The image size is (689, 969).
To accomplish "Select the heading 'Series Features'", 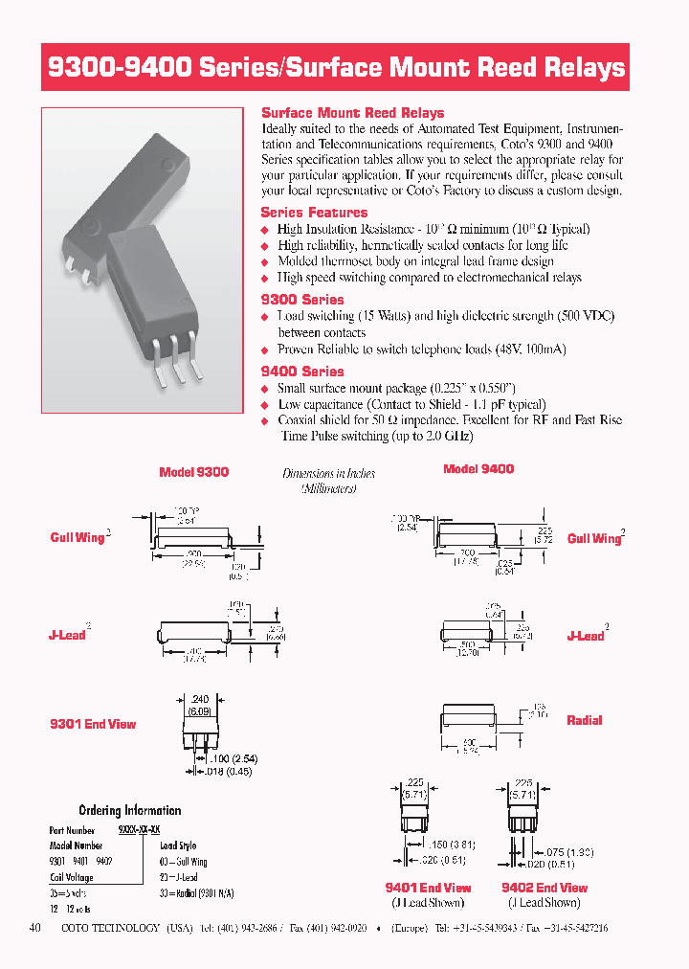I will pyautogui.click(x=314, y=212).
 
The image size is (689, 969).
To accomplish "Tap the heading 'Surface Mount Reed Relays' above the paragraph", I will pyautogui.click(x=352, y=112).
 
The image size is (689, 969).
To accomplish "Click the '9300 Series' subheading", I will pyautogui.click(x=302, y=299).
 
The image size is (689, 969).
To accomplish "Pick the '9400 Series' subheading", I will pyautogui.click(x=302, y=371).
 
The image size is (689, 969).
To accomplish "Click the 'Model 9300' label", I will pyautogui.click(x=193, y=472).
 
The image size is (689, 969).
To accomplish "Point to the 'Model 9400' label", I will pyautogui.click(x=478, y=468).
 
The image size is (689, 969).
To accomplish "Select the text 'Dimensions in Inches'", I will pyautogui.click(x=329, y=473).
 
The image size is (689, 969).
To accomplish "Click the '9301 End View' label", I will pyautogui.click(x=93, y=724).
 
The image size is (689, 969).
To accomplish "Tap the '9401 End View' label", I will pyautogui.click(x=428, y=888).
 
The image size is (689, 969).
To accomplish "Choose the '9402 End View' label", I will pyautogui.click(x=545, y=888).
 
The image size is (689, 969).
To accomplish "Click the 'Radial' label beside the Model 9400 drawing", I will pyautogui.click(x=584, y=720).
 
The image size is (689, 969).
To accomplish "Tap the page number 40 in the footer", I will pyautogui.click(x=35, y=928).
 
